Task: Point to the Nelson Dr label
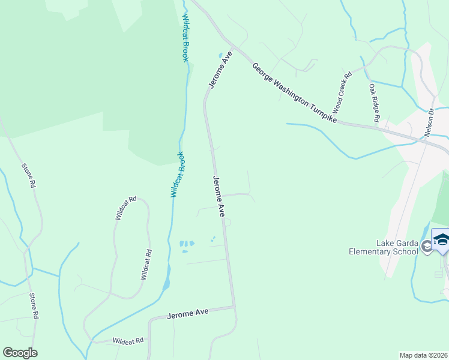[x=430, y=122]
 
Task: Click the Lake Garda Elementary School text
[x=383, y=247]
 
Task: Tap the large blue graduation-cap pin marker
[x=441, y=240]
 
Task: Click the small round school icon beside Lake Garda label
[x=426, y=246]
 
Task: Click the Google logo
[x=20, y=353]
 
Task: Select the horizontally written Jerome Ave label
[x=188, y=313]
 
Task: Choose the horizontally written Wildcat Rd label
[x=128, y=340]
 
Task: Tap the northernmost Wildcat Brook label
[x=185, y=37]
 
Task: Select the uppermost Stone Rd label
[x=28, y=176]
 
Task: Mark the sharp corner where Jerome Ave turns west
[x=234, y=307]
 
